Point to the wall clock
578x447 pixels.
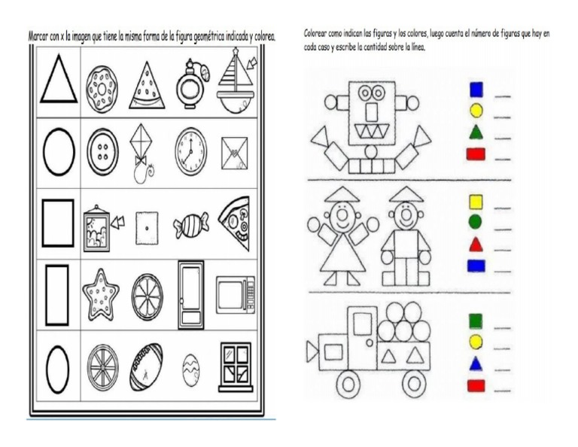tap(190, 151)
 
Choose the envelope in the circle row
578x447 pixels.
tap(235, 153)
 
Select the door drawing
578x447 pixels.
tap(190, 294)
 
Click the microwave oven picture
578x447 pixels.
tap(235, 295)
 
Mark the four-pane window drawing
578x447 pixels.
tap(235, 366)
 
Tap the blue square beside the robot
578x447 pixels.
tap(476, 90)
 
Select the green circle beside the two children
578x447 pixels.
tap(476, 223)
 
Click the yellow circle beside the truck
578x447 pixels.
tap(476, 343)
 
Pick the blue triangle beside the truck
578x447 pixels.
tap(476, 365)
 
